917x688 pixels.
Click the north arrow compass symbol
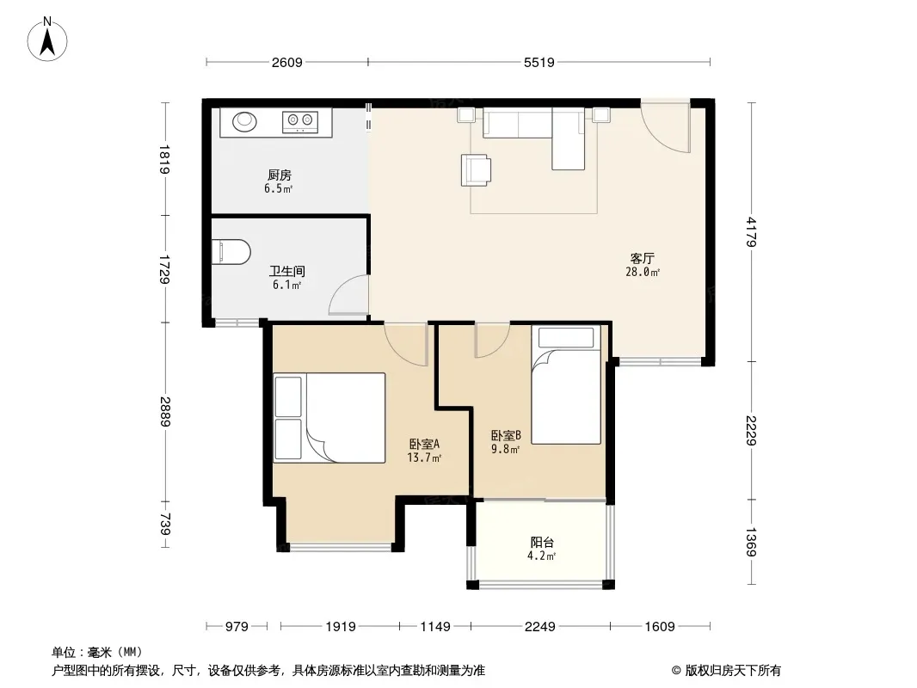point(47,40)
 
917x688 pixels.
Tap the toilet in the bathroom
point(231,251)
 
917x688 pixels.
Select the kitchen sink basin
point(244,121)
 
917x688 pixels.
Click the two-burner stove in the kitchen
point(300,121)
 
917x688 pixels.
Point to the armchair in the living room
point(476,170)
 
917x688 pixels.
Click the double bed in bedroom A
point(329,418)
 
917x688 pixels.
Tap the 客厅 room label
point(642,258)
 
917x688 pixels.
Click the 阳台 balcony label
point(542,543)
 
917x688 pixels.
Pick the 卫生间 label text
point(287,271)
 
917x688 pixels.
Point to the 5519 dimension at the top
point(539,62)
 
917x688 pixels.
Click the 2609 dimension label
point(286,62)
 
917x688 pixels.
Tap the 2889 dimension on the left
point(165,412)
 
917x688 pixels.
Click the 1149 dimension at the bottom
point(435,627)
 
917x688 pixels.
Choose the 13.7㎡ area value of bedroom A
point(424,458)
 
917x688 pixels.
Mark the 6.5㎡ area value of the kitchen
point(278,189)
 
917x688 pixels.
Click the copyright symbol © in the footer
point(676,671)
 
